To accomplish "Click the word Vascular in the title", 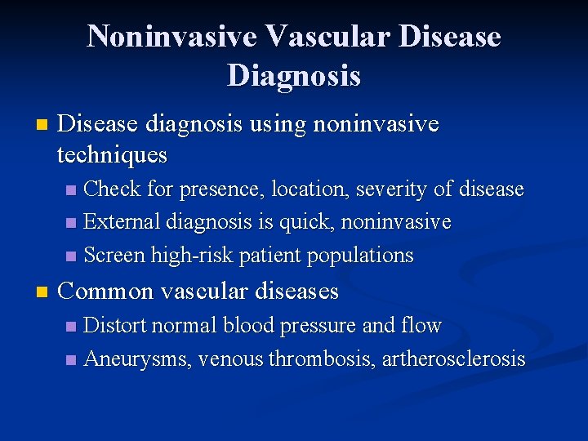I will tap(313, 36).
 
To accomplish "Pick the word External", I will tap(122, 222).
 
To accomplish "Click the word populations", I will tap(360, 255).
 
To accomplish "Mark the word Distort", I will tap(114, 326).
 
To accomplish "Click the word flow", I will tap(422, 326).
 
